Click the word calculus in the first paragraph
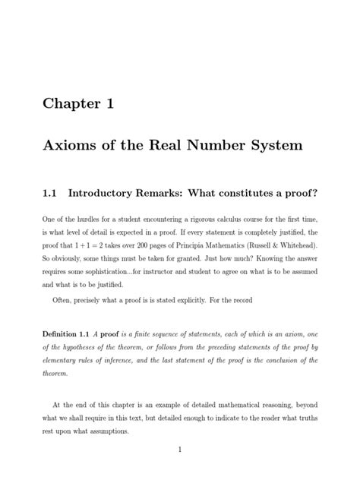(231, 220)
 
